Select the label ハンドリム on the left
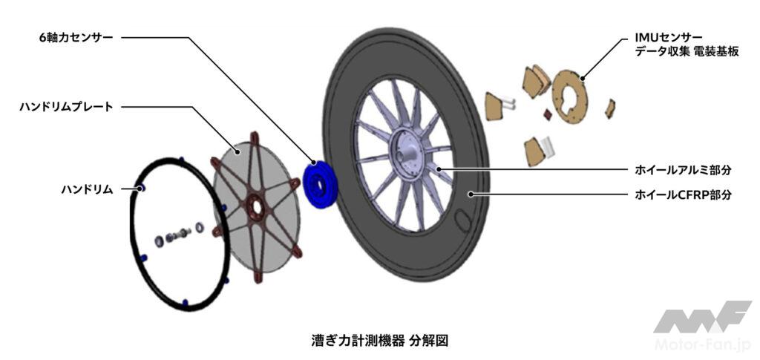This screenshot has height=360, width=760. pos(87,189)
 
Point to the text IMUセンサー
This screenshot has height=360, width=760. pos(666,35)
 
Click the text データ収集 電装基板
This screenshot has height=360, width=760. pos(687,51)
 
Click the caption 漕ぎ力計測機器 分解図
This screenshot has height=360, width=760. pos(380,341)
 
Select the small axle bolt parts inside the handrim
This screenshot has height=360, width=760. pos(178,235)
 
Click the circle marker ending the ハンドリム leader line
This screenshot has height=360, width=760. pos(138,189)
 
